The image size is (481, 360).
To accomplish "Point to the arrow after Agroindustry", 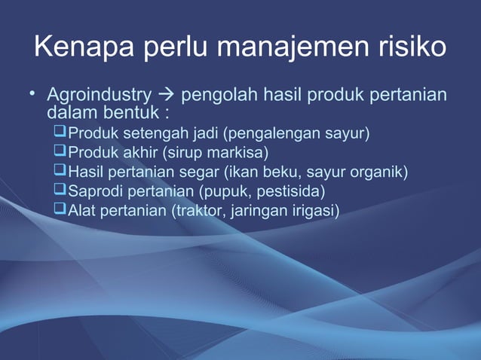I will [x=165, y=97].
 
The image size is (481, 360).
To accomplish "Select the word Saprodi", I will [x=96, y=191].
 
